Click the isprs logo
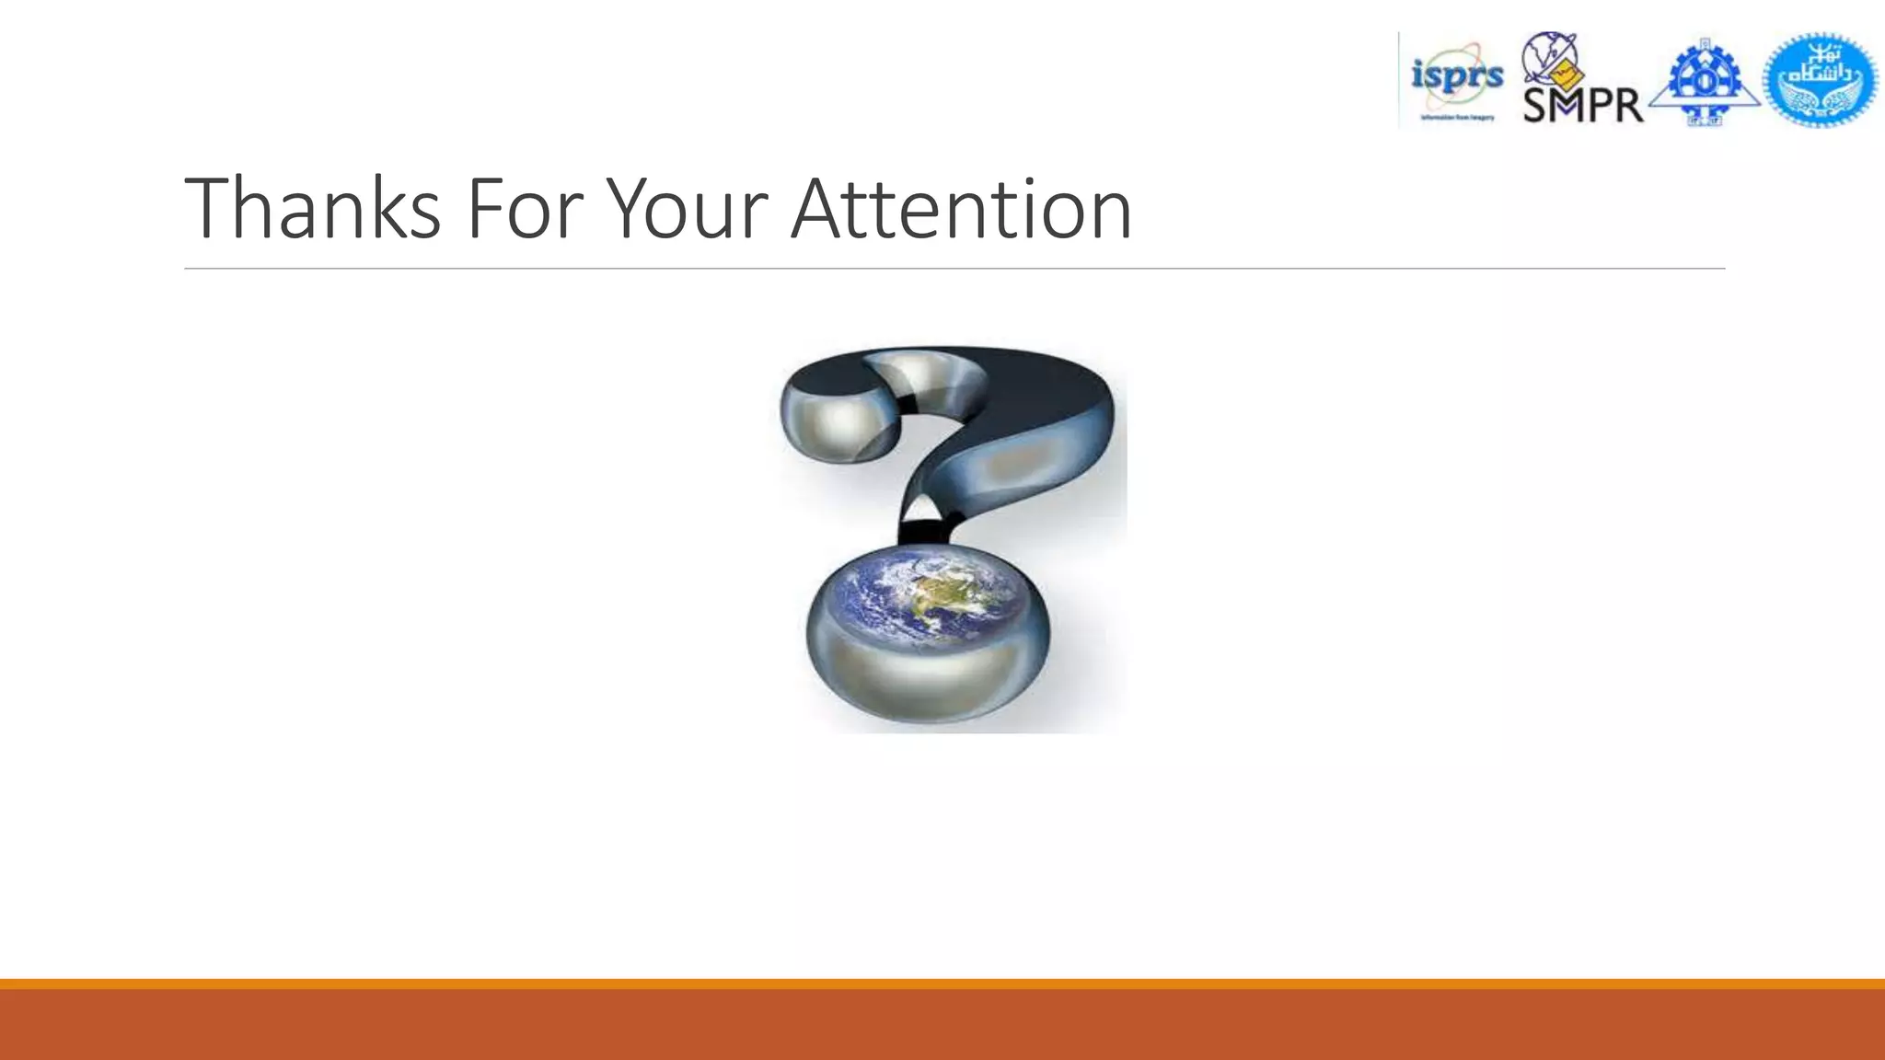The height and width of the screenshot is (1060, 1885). click(x=1456, y=79)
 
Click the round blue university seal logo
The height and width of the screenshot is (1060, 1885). click(x=1821, y=80)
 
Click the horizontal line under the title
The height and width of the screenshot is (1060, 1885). click(x=954, y=269)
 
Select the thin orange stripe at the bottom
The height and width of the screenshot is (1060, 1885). click(x=942, y=984)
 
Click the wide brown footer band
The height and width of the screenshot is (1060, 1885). click(x=942, y=1025)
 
